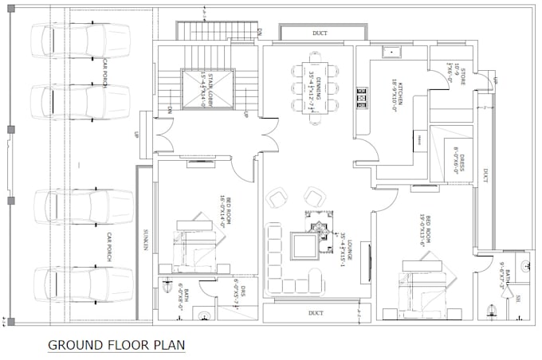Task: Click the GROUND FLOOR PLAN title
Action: point(116,345)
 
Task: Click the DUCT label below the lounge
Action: point(316,313)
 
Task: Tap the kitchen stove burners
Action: point(363,99)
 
